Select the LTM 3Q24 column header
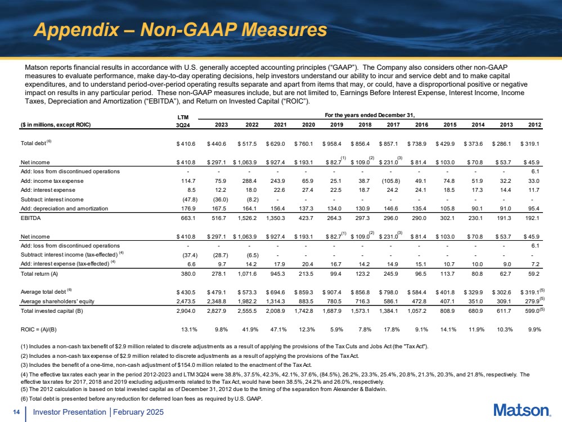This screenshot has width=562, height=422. click(x=183, y=120)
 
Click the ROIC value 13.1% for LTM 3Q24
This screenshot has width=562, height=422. click(x=186, y=330)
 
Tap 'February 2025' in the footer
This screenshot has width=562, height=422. click(x=138, y=412)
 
